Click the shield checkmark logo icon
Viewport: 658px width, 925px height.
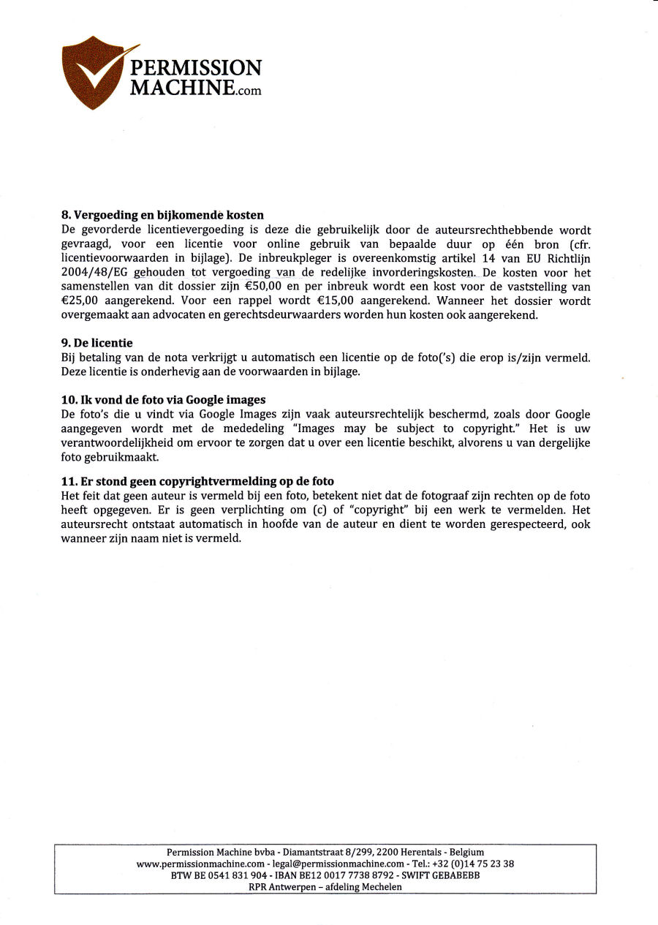click(x=93, y=73)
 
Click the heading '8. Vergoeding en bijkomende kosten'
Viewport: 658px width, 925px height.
click(x=162, y=216)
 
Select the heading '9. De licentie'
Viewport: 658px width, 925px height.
click(x=97, y=343)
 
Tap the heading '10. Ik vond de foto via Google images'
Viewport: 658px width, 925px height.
click(x=163, y=400)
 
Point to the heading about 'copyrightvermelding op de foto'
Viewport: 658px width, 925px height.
click(x=197, y=481)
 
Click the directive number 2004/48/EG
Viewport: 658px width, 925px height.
click(x=91, y=273)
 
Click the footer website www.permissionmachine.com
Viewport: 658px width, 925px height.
click(x=200, y=864)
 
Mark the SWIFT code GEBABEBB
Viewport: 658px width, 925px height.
click(x=457, y=875)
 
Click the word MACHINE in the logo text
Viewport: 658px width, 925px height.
click(x=183, y=88)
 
